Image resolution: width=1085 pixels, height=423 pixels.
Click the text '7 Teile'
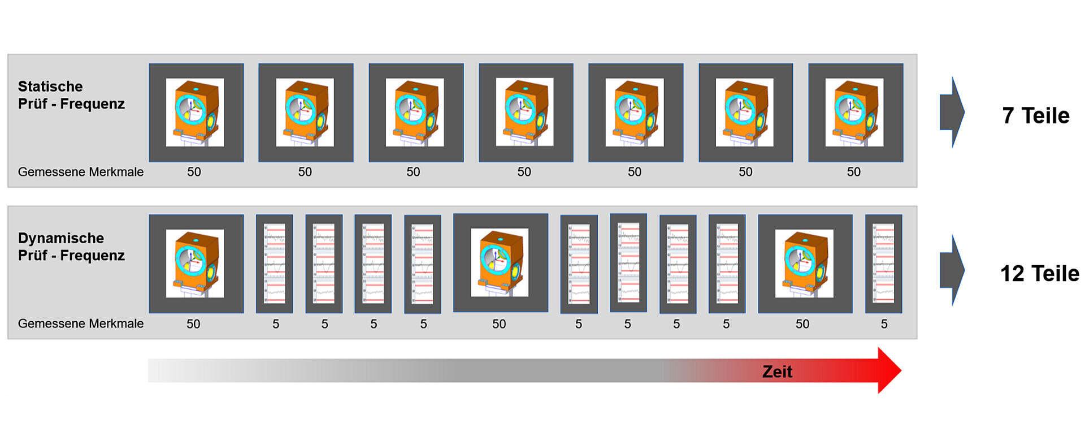coord(1036,115)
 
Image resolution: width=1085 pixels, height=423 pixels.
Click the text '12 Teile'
coord(1040,274)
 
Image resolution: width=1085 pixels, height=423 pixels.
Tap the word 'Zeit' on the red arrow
coord(777,372)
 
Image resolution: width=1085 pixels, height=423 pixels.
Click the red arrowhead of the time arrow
coord(889,370)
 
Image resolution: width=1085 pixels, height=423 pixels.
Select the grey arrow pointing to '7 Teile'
coord(952,113)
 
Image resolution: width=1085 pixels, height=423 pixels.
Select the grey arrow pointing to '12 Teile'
coord(952,270)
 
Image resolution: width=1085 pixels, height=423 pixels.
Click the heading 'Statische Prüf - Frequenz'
coord(71,95)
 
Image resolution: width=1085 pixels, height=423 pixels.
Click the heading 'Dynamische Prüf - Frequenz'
coord(71,247)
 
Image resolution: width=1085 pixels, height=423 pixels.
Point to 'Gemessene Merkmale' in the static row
coord(81,172)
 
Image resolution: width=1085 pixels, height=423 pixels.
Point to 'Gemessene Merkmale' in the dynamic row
coord(81,323)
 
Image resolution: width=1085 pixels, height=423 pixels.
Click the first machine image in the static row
coord(196,113)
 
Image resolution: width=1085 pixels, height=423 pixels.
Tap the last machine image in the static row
coord(856,113)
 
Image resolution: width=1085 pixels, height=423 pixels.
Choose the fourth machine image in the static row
coord(526,113)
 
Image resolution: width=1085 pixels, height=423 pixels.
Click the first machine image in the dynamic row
coord(196,264)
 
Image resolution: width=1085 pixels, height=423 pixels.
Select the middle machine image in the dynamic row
coord(501,262)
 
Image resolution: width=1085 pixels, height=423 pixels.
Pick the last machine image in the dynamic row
coord(805,264)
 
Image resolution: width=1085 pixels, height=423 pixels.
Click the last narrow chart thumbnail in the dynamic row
coord(884,264)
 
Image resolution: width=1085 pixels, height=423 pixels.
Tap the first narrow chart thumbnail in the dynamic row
coord(275,264)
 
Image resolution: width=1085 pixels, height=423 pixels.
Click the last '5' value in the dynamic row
coord(884,324)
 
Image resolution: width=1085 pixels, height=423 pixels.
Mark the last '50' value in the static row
coord(854,172)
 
